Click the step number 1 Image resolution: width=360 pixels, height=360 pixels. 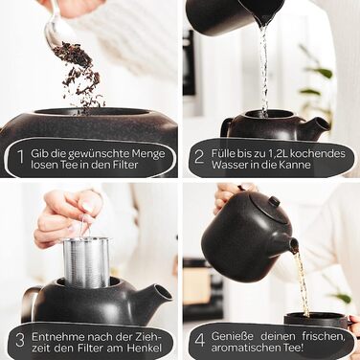(21, 157)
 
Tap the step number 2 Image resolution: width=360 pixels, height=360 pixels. (199, 157)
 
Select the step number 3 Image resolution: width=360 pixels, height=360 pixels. (20, 341)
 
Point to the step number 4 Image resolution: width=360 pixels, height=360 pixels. (200, 340)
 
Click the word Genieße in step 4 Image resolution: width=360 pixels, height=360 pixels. (232, 336)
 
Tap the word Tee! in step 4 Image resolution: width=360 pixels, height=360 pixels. (291, 348)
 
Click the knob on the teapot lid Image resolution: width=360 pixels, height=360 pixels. (274, 201)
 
